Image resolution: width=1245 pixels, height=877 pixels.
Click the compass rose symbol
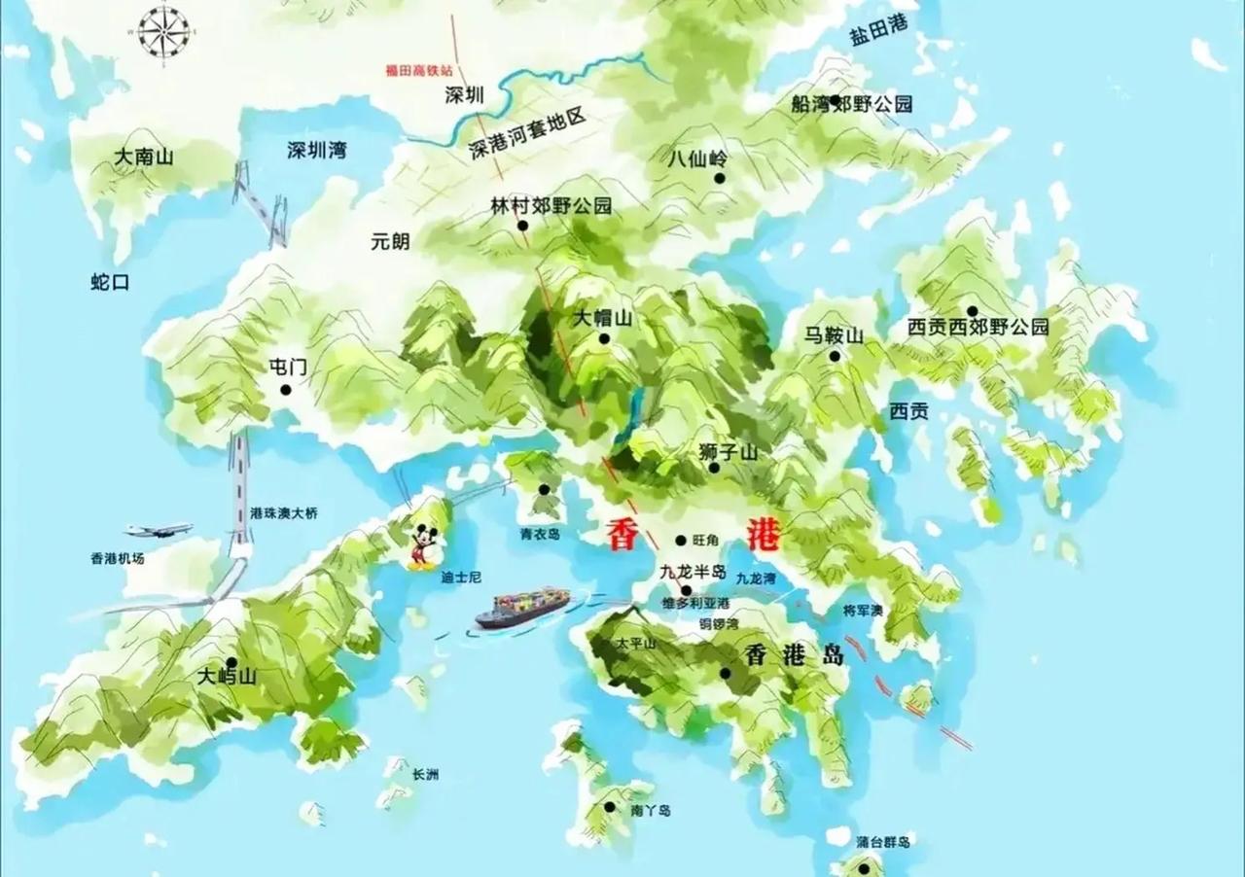(162, 31)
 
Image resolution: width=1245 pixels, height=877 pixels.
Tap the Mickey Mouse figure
(422, 545)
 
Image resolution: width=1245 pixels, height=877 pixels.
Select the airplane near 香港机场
(159, 530)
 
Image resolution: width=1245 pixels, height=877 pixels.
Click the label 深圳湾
(316, 151)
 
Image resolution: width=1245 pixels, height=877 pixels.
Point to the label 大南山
(143, 156)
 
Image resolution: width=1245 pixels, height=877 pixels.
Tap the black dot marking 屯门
(286, 390)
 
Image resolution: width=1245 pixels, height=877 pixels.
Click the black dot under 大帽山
(604, 339)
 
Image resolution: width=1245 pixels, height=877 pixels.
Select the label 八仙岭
(697, 158)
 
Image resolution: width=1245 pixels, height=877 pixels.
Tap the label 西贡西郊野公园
(978, 328)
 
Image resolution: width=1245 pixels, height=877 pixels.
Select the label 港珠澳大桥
(283, 512)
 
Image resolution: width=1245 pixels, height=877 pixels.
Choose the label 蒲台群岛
(883, 842)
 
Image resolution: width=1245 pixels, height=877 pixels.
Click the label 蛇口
(110, 282)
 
